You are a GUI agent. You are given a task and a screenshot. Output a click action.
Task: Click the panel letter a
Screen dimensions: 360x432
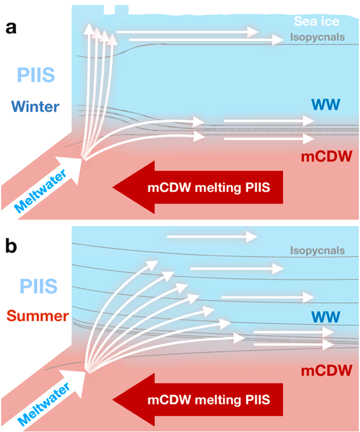11,28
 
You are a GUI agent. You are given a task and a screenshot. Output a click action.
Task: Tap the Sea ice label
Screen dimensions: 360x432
317,21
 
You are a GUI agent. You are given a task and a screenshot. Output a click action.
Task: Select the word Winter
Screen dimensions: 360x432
35,106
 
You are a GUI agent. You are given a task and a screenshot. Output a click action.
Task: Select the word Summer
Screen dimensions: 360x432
38,316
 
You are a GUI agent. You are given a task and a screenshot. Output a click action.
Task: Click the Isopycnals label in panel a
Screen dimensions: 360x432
317,37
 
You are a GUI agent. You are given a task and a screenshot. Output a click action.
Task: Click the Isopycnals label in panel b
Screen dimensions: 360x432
317,250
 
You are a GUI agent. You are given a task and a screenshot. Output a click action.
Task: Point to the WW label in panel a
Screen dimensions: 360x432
326,104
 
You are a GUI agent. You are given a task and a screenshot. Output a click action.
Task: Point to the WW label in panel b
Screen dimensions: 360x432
326,317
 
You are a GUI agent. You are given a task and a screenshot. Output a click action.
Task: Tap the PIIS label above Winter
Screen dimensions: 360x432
36,74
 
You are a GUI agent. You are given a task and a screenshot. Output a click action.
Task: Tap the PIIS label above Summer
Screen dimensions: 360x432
38,286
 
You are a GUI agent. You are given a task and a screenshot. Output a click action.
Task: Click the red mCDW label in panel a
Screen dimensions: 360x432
326,157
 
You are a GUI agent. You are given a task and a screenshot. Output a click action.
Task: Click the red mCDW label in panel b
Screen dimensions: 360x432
326,371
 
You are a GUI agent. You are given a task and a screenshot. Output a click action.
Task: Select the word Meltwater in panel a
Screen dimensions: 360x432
40,191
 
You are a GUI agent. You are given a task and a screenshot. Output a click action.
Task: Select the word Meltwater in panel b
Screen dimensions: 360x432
44,404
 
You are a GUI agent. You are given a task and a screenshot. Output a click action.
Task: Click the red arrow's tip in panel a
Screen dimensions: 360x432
113,187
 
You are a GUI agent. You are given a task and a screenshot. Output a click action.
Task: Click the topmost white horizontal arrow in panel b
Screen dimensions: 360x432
212,236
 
